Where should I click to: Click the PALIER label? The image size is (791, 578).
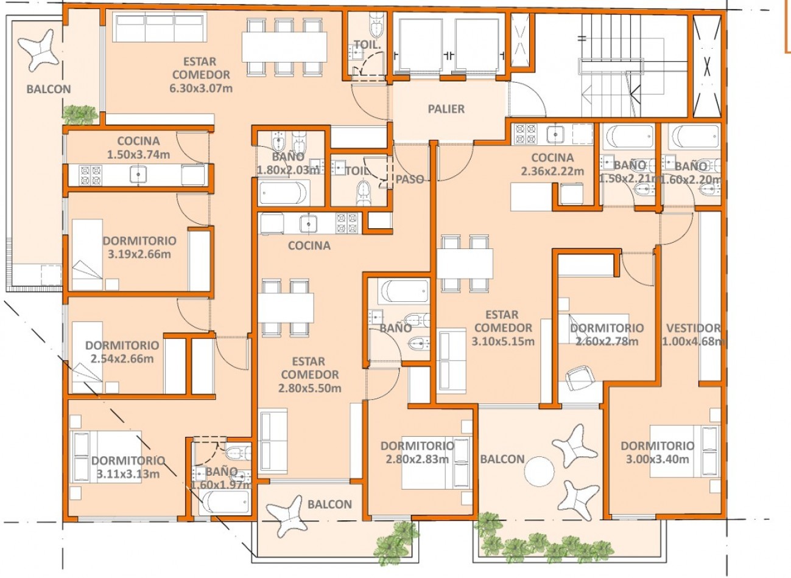(446, 109)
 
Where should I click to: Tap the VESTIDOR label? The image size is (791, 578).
(693, 328)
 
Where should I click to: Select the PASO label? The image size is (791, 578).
(410, 179)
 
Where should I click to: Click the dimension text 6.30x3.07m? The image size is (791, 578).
(201, 88)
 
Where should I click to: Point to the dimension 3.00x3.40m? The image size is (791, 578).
(657, 459)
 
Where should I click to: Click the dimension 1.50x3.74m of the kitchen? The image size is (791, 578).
(138, 155)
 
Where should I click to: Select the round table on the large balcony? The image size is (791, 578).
(540, 472)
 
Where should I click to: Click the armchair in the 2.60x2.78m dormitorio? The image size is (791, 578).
(580, 378)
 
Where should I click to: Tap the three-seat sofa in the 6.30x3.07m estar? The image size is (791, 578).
(160, 27)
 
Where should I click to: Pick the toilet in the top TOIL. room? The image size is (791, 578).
(377, 25)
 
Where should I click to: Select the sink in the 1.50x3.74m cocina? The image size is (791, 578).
(138, 175)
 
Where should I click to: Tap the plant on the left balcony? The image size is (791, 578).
(80, 114)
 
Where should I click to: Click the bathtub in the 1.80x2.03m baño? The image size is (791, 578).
(284, 193)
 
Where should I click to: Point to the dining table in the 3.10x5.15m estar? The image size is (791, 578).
(465, 263)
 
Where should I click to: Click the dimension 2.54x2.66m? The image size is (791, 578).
(122, 359)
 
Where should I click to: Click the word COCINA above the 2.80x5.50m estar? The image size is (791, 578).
(309, 246)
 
